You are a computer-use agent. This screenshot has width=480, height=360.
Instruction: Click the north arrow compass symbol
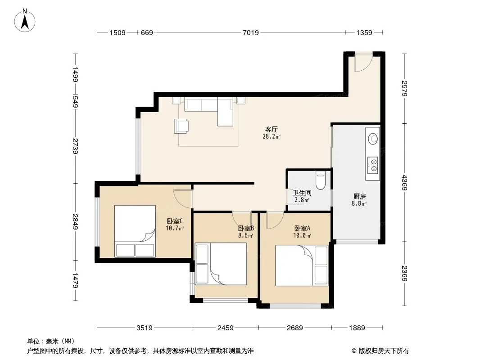tap(25, 21)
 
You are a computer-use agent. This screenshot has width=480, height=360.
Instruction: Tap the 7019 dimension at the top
tap(251, 32)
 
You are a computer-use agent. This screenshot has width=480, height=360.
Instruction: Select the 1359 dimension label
tap(364, 32)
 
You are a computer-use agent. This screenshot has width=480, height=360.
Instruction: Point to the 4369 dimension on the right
tap(405, 183)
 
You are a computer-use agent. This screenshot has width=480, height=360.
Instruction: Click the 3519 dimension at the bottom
tap(145, 328)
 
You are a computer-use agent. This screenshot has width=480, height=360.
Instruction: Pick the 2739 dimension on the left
tap(75, 146)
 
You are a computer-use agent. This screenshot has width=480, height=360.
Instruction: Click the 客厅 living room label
tap(272, 130)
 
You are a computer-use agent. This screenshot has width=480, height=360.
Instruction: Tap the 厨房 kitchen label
tap(360, 196)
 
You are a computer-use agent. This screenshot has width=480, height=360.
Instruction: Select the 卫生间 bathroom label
tap(302, 193)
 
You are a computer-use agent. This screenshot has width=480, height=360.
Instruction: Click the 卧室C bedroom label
tap(175, 221)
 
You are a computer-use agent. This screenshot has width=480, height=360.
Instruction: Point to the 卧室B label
tap(246, 228)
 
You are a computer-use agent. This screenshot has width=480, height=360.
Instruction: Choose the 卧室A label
tap(302, 228)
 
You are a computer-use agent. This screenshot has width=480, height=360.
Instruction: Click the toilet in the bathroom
tap(320, 180)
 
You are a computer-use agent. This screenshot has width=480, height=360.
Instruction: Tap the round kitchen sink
tap(373, 139)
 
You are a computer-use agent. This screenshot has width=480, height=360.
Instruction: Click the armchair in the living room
tap(181, 126)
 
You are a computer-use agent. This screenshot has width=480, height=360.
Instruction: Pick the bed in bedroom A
tap(302, 265)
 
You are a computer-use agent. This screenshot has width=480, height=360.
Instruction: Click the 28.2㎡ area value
tap(272, 137)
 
